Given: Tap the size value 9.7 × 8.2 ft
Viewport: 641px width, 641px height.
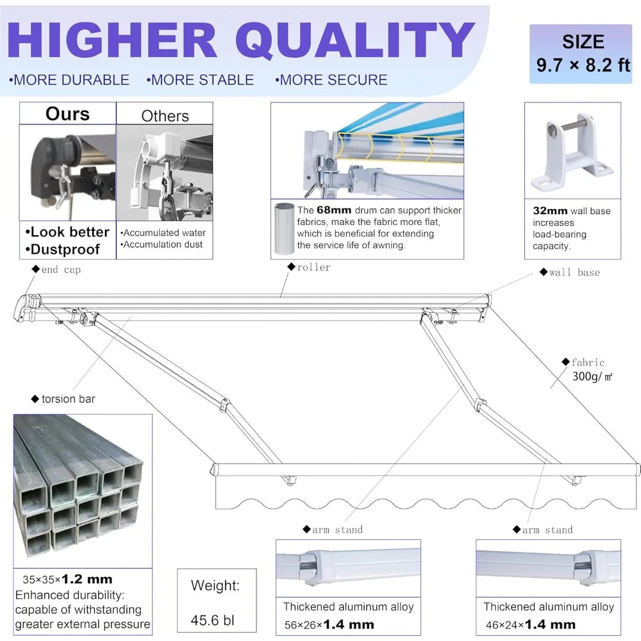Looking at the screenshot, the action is pos(583,65).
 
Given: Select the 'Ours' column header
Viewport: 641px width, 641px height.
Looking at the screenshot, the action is pos(67,113).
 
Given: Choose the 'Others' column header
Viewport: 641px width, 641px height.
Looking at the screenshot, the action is pos(165,116).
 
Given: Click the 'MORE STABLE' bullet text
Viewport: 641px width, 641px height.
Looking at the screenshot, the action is pos(200,79).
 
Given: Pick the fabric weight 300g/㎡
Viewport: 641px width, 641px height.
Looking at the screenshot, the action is pos(592,376).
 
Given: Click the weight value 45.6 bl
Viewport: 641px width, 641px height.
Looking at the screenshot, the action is pos(212,620).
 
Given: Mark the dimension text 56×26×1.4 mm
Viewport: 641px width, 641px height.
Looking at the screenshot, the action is pos(329,624).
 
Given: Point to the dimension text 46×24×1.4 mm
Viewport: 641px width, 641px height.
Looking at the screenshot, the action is pos(531,624).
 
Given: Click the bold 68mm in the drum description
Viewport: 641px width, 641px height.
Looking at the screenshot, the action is pos(334,210).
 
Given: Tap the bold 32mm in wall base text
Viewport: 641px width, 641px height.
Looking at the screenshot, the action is pos(550,211).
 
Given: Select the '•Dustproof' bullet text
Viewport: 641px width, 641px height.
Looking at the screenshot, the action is pos(63,249).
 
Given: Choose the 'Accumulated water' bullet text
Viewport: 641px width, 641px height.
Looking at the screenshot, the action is pos(163,233).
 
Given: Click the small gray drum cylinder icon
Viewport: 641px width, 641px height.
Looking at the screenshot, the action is pos(284,228).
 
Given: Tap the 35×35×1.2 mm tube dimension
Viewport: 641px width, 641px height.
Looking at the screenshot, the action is pos(67,579).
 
